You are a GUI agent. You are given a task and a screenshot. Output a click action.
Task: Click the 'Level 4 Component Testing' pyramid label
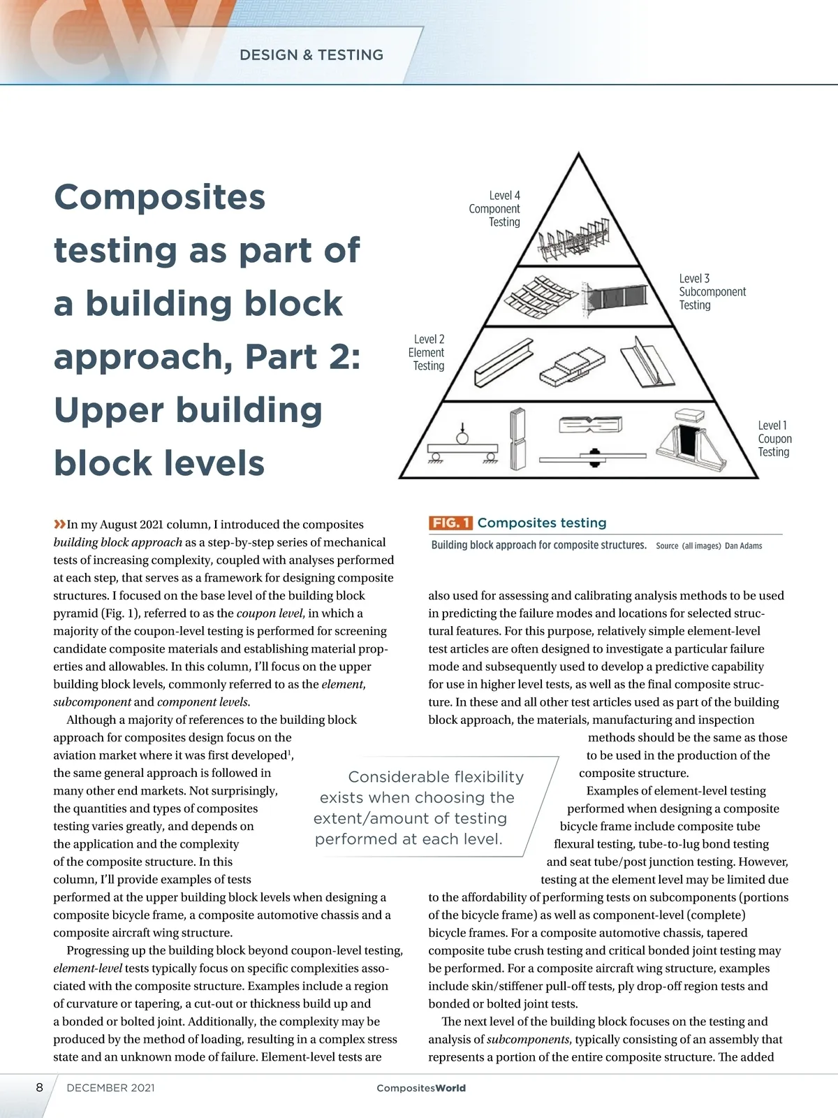[494, 208]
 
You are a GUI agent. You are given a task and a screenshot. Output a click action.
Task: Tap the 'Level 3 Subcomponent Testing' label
[712, 291]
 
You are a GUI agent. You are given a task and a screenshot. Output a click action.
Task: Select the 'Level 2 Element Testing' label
[427, 352]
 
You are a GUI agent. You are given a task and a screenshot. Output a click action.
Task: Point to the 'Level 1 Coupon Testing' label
[774, 438]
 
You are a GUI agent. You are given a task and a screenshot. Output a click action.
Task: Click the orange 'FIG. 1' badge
[450, 523]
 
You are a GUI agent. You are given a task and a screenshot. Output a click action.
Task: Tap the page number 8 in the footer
[40, 1087]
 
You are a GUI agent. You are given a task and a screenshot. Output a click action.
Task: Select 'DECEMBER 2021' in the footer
[110, 1088]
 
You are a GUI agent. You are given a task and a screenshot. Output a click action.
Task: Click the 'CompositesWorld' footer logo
[420, 1088]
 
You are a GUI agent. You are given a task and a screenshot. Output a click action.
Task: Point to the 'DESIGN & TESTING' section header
[311, 55]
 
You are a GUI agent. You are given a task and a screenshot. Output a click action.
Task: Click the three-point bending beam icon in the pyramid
[462, 447]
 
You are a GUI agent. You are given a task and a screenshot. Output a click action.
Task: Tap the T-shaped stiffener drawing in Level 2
[648, 363]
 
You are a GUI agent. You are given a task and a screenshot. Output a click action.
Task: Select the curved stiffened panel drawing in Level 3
[540, 295]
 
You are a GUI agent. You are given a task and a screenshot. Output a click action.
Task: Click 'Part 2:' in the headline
[302, 356]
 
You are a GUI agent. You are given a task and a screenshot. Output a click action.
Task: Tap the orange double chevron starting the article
[59, 524]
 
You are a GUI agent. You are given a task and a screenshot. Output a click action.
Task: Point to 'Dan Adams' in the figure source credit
[743, 546]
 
